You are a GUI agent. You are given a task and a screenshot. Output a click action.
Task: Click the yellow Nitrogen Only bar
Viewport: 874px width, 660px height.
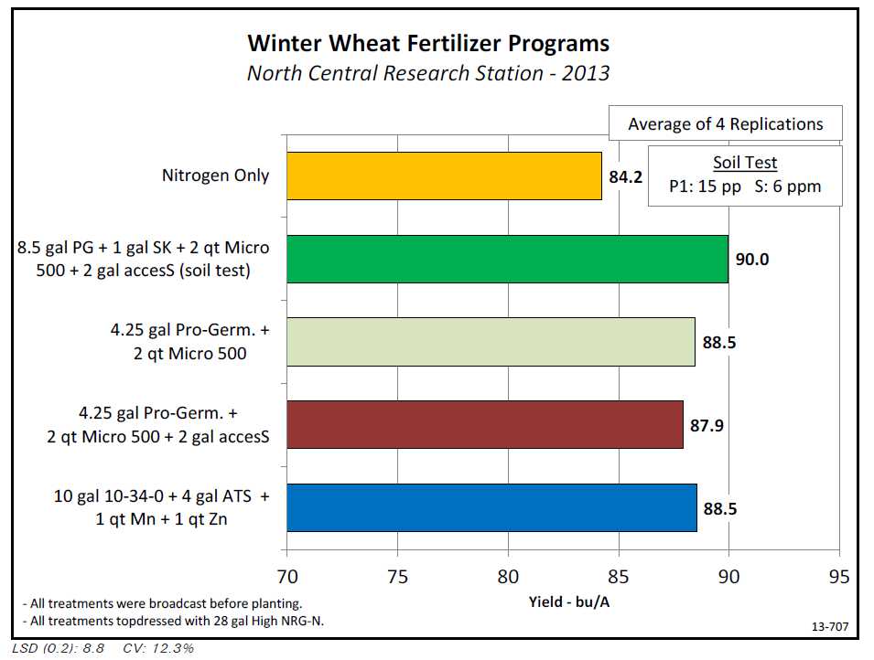pos(444,176)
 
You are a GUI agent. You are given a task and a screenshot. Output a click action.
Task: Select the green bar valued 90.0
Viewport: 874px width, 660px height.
pos(507,259)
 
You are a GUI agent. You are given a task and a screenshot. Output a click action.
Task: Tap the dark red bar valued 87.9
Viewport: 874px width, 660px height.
pos(485,424)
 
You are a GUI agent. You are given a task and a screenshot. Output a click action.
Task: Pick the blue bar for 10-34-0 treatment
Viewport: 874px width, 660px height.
pos(491,508)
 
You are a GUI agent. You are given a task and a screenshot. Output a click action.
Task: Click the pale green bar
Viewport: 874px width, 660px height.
pos(491,342)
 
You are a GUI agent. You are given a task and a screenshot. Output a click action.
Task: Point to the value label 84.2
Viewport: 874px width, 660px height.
pos(626,176)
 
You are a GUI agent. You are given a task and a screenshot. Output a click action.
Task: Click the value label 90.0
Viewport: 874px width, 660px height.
pos(752,259)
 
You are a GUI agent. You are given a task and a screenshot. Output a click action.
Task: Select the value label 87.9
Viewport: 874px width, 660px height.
pos(707,424)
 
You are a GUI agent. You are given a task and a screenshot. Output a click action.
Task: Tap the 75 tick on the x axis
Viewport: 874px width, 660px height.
pos(397,577)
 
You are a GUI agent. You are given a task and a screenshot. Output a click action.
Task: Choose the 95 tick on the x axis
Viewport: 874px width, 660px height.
pos(838,577)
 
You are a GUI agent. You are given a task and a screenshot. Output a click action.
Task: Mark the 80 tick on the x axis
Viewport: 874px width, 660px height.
pos(508,577)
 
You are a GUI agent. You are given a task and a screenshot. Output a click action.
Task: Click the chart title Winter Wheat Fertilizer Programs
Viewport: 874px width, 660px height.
pos(428,43)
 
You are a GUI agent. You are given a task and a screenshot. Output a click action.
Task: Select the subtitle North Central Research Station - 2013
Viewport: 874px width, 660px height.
pos(428,73)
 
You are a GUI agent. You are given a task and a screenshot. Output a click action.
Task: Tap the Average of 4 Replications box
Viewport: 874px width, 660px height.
pos(725,124)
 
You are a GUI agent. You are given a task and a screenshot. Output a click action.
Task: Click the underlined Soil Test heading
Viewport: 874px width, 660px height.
pos(745,163)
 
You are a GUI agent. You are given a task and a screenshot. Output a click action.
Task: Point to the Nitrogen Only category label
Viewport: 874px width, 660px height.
pos(216,175)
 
